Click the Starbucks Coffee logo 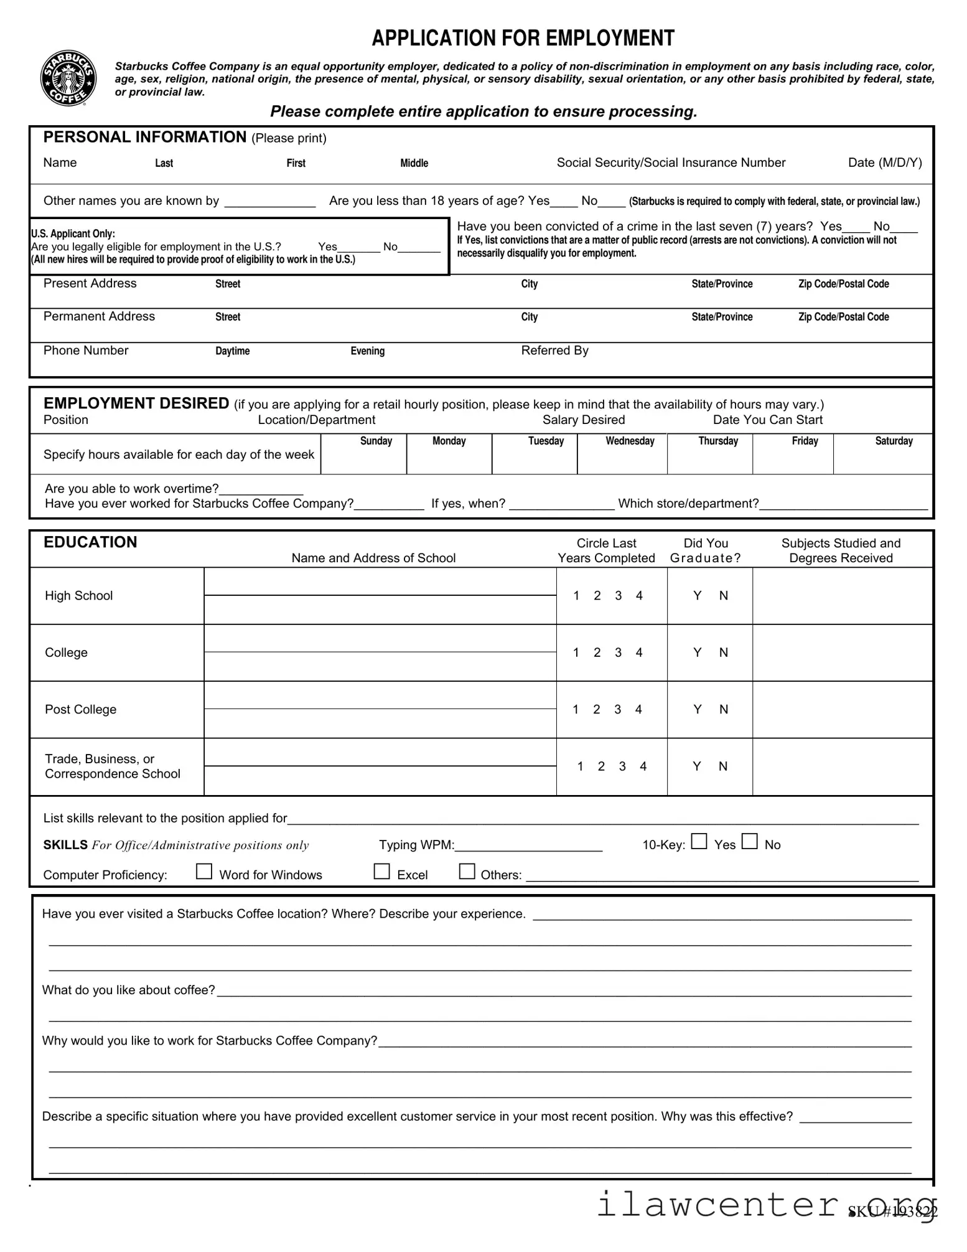pos(68,78)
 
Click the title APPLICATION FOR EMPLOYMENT pos(523,39)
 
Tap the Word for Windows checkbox pos(203,871)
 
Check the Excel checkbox pos(381,871)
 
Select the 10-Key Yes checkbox pos(699,841)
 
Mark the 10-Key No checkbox pos(749,841)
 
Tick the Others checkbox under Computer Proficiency pos(466,871)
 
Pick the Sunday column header pos(376,441)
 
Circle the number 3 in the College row pos(618,652)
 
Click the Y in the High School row pos(697,596)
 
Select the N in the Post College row pos(723,710)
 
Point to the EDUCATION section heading pos(90,542)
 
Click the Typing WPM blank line pos(528,845)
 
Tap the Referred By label pos(554,351)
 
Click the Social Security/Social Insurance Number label pos(671,162)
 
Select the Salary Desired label pos(583,420)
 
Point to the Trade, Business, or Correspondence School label pos(112,766)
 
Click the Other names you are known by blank pos(269,201)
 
